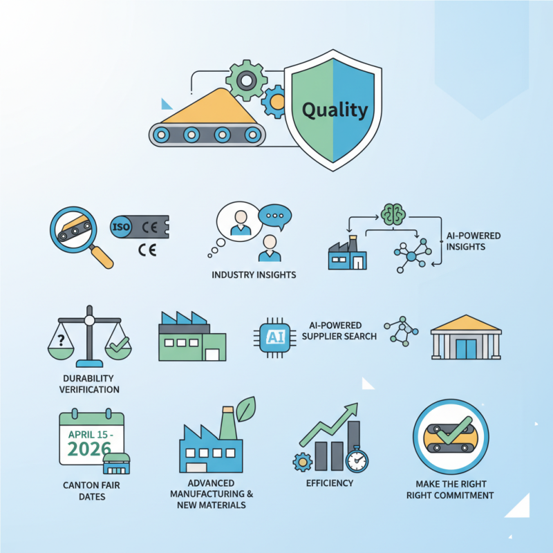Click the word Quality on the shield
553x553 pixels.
[335, 109]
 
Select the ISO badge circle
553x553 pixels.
[120, 225]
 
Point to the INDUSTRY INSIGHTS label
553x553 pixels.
[254, 275]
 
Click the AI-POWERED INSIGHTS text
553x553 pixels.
[474, 241]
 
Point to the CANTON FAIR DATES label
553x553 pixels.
[91, 491]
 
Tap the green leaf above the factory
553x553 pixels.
[245, 409]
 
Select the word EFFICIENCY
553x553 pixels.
[330, 483]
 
